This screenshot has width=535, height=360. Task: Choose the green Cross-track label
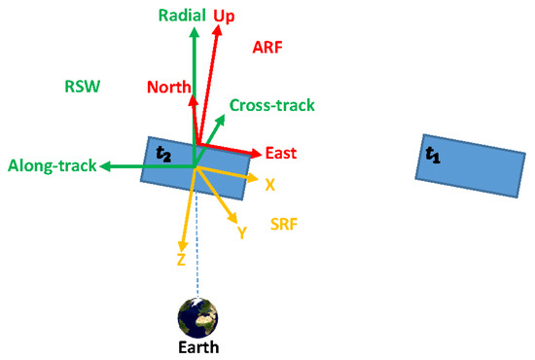click(272, 105)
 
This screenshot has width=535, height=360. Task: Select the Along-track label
click(52, 166)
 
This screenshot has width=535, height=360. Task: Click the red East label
click(279, 154)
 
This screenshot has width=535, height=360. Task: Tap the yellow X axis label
click(270, 184)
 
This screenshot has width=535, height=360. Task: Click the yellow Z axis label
click(181, 260)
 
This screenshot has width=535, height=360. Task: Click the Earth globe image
click(197, 318)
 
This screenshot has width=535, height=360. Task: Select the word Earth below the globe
click(198, 347)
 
